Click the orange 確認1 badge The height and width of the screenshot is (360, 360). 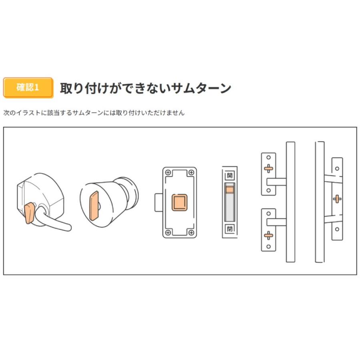28,88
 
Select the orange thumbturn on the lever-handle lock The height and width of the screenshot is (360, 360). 29,213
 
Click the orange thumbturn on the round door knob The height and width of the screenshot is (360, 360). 94,205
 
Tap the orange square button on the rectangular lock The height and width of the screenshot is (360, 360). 179,203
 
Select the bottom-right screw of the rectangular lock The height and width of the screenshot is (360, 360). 191,232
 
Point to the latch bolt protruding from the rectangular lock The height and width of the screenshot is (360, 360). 159,202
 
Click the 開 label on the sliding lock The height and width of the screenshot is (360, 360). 229,175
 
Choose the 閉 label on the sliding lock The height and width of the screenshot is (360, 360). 229,229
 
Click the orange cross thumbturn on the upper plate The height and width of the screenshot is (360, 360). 268,168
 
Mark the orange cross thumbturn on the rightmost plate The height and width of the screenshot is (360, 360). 337,198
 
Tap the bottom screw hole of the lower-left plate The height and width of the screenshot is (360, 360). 268,246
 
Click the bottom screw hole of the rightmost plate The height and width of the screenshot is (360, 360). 337,229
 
